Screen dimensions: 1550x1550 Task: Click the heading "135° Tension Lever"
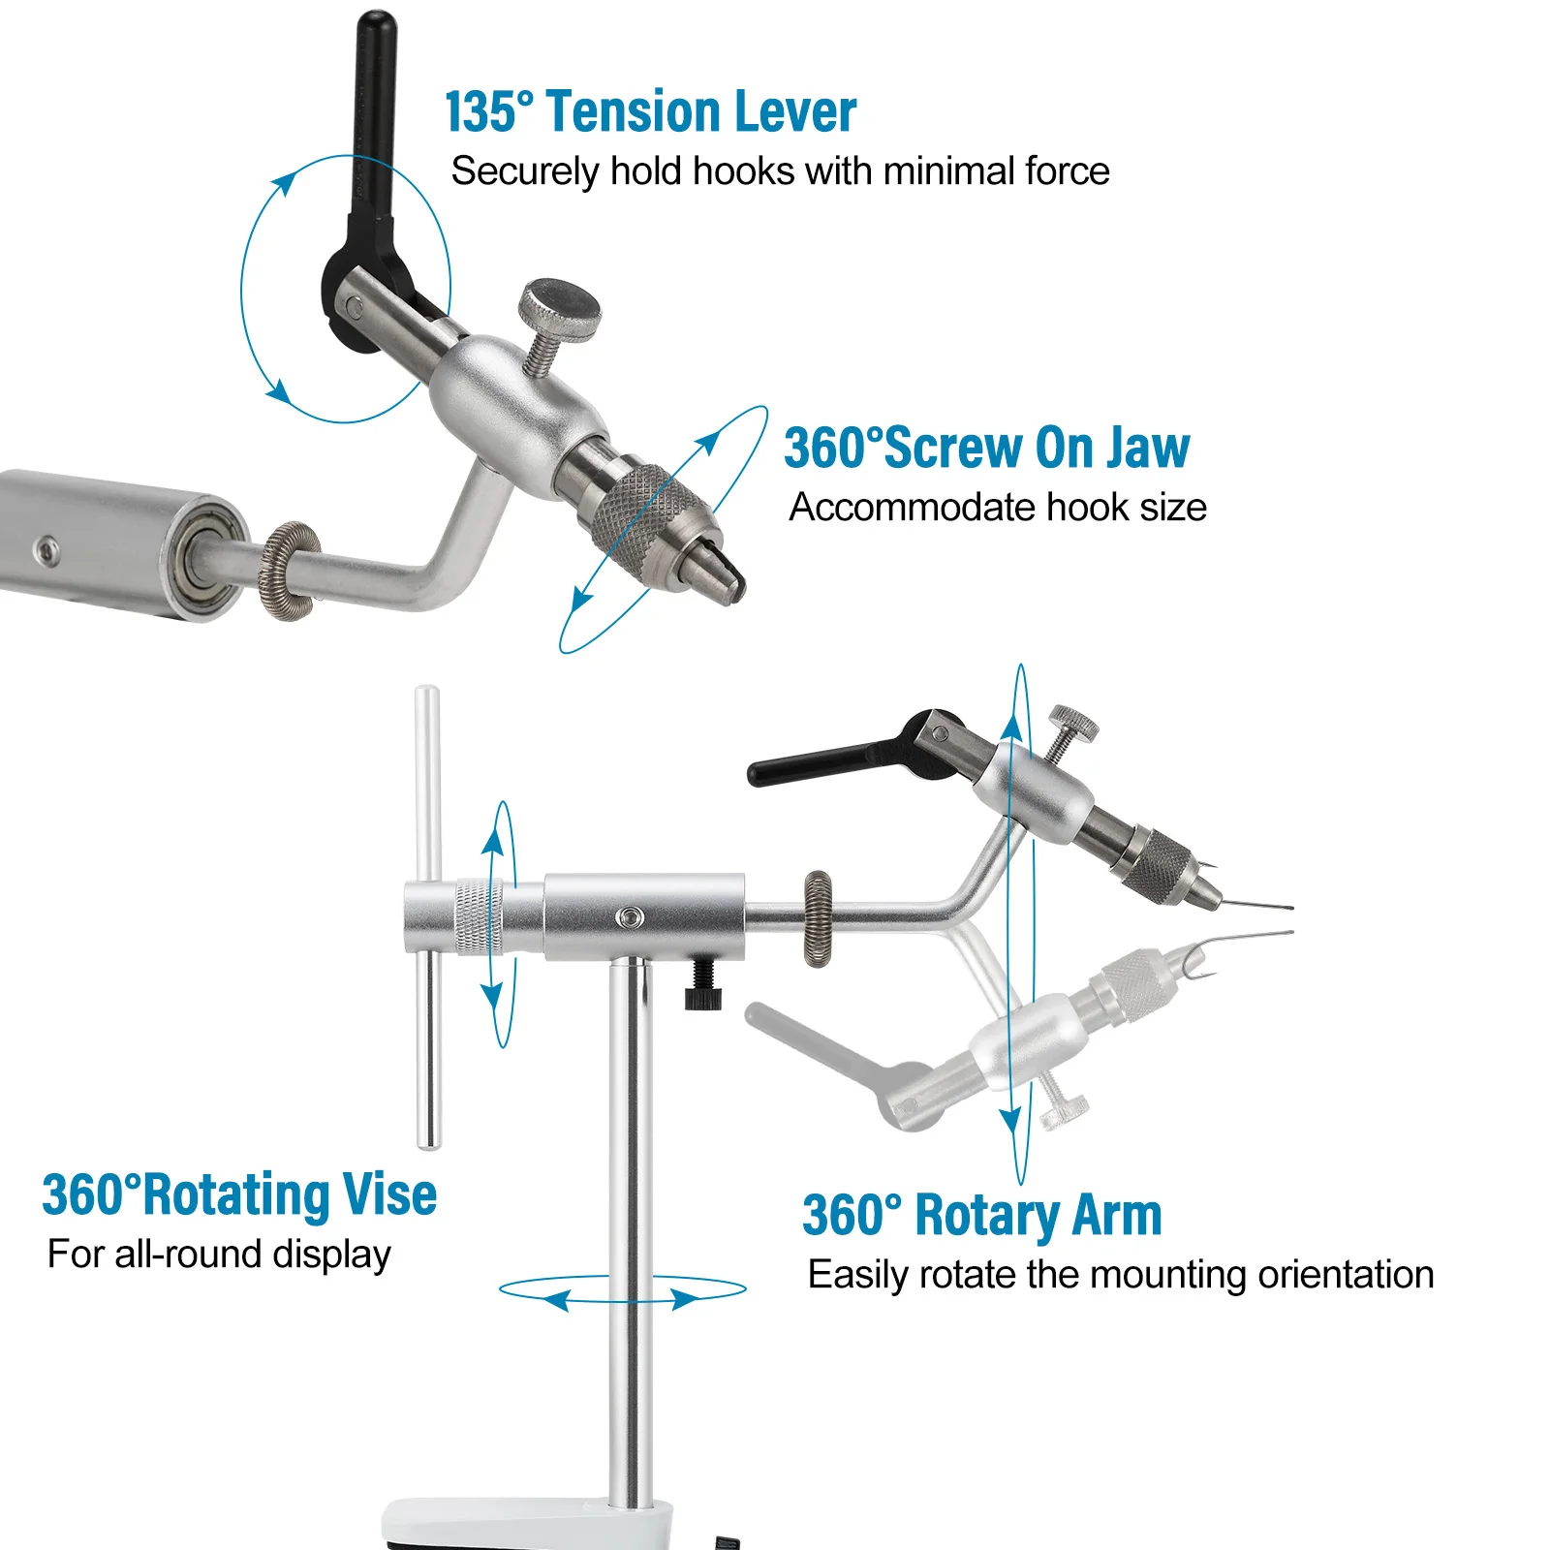tap(650, 111)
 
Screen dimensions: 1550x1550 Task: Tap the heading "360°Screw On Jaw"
tap(986, 448)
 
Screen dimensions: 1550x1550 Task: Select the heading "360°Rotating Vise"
tap(239, 1193)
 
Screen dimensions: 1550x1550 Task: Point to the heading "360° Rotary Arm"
tap(981, 1215)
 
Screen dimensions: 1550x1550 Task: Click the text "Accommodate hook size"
tap(998, 508)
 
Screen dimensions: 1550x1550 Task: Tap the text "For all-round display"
tap(220, 1255)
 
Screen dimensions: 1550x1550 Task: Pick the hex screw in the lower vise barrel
tap(631, 915)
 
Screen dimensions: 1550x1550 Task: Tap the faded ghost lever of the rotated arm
tap(852, 1061)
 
